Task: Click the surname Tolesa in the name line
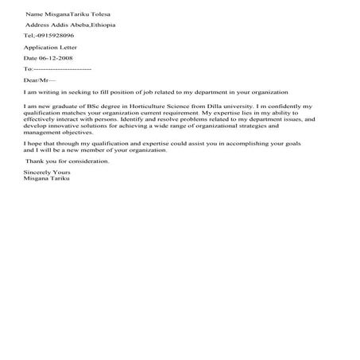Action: [x=100, y=14]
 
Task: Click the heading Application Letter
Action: [x=46, y=48]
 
